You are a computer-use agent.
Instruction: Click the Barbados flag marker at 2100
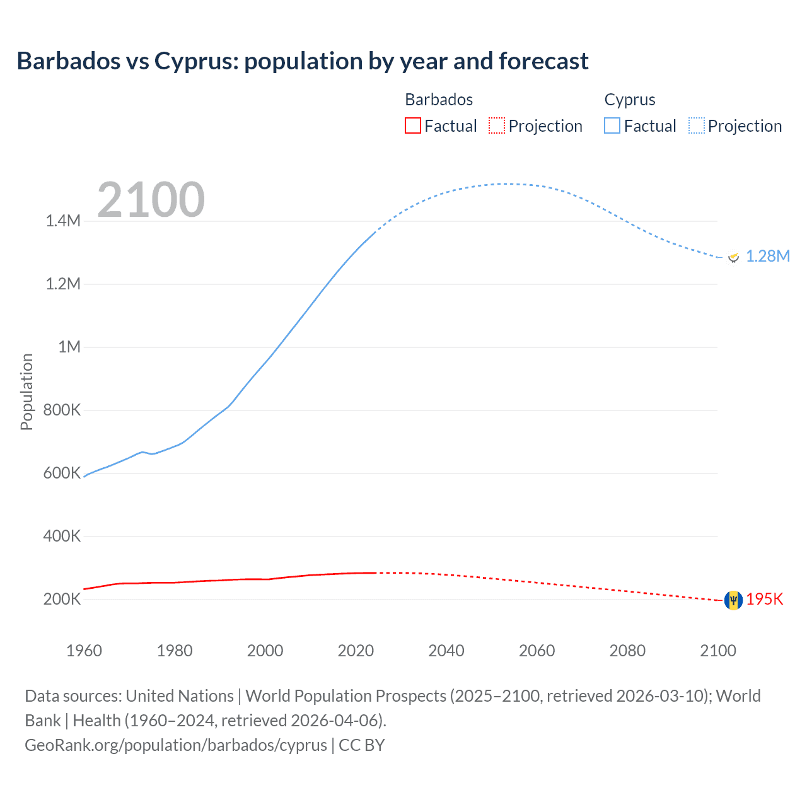point(733,600)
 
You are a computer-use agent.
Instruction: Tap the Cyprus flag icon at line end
point(733,257)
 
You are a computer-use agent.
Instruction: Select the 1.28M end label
point(767,256)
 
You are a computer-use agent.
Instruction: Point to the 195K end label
point(764,600)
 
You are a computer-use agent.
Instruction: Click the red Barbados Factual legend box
point(412,125)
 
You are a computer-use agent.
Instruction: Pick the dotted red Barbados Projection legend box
point(497,125)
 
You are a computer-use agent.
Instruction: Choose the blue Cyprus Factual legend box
point(612,125)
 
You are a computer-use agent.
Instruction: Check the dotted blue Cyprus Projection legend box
point(697,125)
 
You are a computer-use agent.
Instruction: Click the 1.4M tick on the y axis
point(63,221)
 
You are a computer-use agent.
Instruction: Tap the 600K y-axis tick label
point(62,473)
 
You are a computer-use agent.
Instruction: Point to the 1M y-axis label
point(69,347)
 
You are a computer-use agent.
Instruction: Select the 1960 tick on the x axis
point(84,651)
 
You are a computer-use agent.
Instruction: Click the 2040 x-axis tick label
point(446,651)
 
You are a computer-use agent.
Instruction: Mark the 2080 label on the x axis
point(627,651)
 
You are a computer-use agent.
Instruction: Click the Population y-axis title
point(26,392)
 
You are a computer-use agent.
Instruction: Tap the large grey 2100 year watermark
point(151,200)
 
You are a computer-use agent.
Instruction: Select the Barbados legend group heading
point(439,100)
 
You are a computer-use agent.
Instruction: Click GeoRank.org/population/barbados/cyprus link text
point(176,745)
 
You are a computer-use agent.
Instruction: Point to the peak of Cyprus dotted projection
point(504,184)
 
